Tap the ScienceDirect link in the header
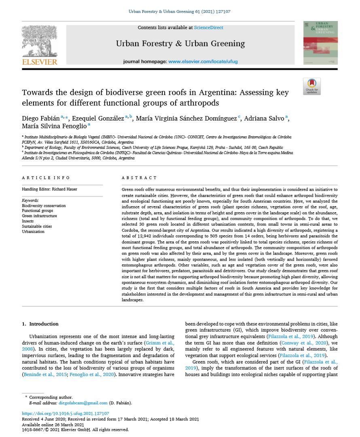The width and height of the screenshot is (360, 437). coord(208,28)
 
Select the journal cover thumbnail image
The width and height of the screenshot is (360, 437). coord(320,43)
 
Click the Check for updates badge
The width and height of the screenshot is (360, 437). coord(311,86)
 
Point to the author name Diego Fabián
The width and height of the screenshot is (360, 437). coord(40,118)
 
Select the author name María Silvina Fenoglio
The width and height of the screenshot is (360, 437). coord(53,126)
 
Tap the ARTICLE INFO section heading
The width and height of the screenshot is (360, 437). coord(46,178)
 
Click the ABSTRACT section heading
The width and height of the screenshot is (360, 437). coord(139,178)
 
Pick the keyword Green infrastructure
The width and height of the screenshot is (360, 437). coord(39,216)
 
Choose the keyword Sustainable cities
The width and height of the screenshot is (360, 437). coord(37,227)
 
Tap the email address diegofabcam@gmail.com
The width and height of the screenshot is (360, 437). coord(83,403)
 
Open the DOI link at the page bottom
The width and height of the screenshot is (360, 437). coord(65,414)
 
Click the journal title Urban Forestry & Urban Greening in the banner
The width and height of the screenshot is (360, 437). coord(180,43)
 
